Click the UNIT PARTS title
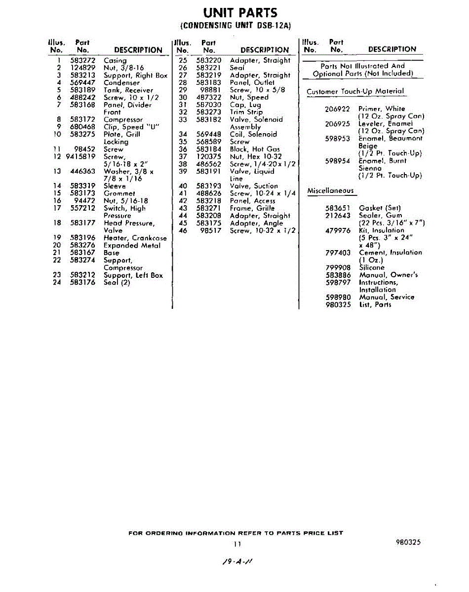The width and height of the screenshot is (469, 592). pyautogui.click(x=234, y=13)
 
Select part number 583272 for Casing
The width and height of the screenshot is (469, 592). pyautogui.click(x=82, y=61)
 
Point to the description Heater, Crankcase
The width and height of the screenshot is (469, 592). pyautogui.click(x=135, y=238)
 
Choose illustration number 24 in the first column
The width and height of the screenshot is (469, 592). pyautogui.click(x=57, y=283)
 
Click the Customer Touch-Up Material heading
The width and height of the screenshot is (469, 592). pyautogui.click(x=355, y=92)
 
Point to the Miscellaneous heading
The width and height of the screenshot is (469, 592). pyautogui.click(x=330, y=191)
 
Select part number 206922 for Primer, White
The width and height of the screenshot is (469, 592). pyautogui.click(x=338, y=109)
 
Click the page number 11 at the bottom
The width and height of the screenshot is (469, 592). pyautogui.click(x=237, y=544)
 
